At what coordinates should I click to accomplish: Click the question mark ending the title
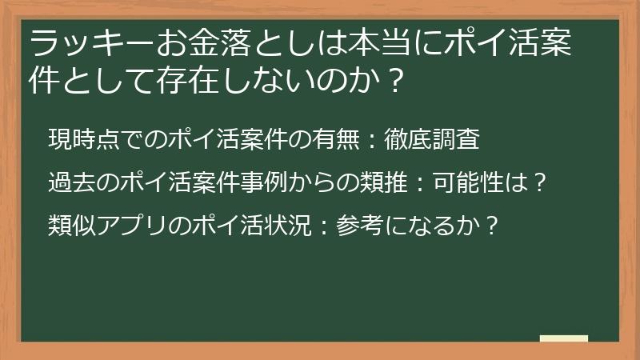(392, 81)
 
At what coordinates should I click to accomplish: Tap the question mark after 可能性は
(539, 182)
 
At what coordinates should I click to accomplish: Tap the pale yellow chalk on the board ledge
(563, 338)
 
